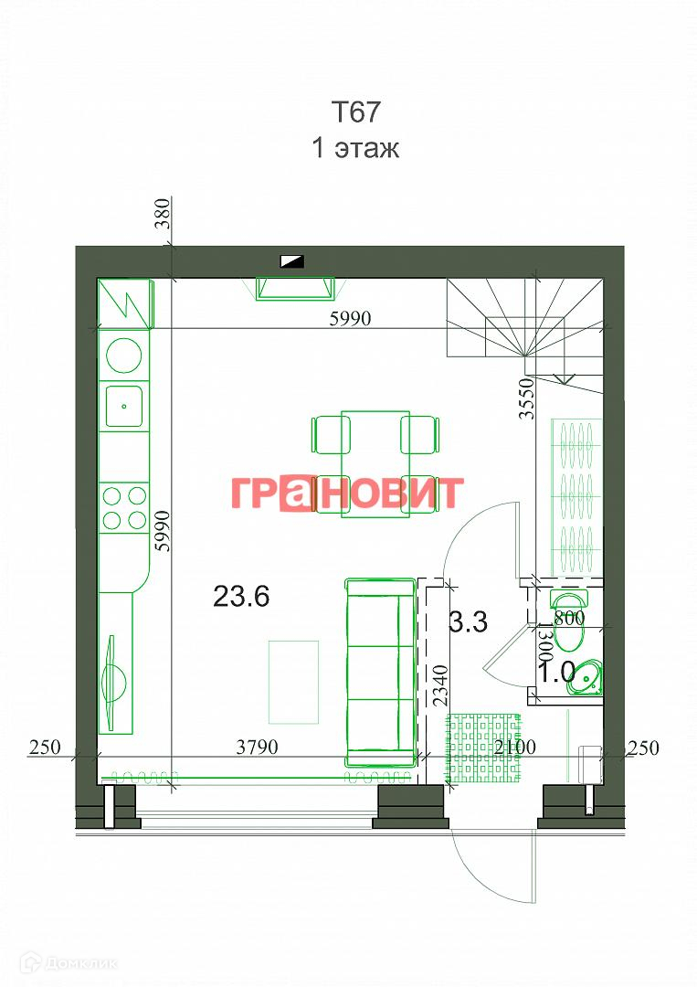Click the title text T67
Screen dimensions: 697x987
click(x=356, y=112)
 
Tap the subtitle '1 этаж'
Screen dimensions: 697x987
click(x=355, y=149)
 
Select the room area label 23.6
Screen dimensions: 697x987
click(x=241, y=596)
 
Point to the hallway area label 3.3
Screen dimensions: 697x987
click(x=469, y=622)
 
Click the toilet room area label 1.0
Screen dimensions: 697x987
click(x=557, y=673)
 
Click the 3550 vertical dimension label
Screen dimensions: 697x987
click(x=526, y=398)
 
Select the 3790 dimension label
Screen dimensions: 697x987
click(x=257, y=748)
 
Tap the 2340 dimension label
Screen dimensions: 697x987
click(x=441, y=685)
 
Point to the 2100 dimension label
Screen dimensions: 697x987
click(x=514, y=748)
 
